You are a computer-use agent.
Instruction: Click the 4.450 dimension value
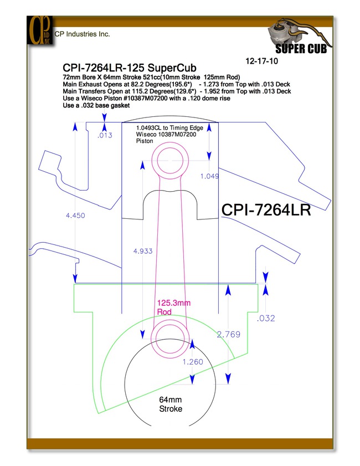tap(75, 215)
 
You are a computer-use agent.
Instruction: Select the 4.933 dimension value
tap(143, 251)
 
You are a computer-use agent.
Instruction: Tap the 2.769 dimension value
tap(228, 335)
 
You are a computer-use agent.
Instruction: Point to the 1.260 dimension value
tap(193, 362)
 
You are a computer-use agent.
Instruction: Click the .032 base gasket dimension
tap(266, 318)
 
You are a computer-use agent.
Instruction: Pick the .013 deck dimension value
tap(105, 135)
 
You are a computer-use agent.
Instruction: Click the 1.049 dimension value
tap(210, 176)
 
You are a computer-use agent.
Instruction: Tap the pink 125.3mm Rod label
tap(174, 308)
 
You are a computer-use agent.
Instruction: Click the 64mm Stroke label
tap(171, 404)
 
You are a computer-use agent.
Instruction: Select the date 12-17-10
tap(261, 61)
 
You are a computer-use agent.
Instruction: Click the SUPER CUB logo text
tap(301, 49)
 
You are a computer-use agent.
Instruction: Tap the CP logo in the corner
tap(40, 30)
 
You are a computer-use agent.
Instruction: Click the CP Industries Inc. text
tap(83, 34)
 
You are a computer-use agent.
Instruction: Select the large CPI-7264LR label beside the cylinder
tap(266, 210)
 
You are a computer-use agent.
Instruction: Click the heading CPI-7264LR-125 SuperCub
tap(130, 68)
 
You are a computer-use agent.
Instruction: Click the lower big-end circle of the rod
tap(170, 320)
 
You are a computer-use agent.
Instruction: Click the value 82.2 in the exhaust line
tap(137, 84)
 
